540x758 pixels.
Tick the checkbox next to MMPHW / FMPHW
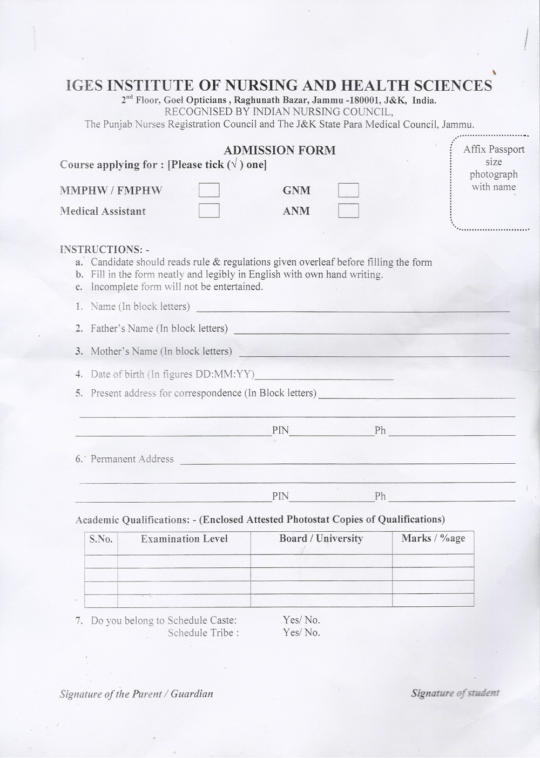[209, 190]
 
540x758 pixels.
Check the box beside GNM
[348, 190]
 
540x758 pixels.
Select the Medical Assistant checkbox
[209, 210]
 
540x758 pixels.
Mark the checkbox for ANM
[348, 210]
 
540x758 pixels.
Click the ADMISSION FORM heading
[280, 151]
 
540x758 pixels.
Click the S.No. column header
[101, 539]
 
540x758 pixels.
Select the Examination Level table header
[184, 539]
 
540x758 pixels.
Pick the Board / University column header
[321, 538]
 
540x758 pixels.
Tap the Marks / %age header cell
[433, 538]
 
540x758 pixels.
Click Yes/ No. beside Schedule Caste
[301, 620]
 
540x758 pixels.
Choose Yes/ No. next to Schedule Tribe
[301, 632]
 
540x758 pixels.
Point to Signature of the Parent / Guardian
[136, 694]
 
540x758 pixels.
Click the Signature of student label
[455, 693]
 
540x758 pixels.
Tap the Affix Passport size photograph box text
[494, 168]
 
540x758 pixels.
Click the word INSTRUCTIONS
[100, 249]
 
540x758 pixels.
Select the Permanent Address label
[132, 459]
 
